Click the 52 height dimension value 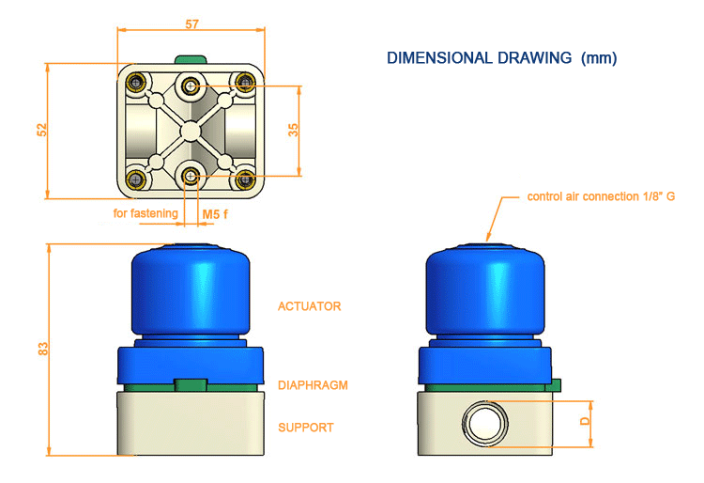[x=41, y=131]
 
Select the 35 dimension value [x=293, y=131]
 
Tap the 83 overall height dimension [x=42, y=349]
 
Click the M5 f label [x=216, y=214]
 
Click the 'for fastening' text [x=145, y=213]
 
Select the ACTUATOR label [x=309, y=306]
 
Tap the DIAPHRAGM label [x=314, y=384]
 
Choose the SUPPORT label [x=305, y=428]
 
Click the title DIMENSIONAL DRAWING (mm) [x=501, y=58]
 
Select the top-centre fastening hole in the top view [x=192, y=86]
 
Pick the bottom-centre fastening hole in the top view [x=192, y=175]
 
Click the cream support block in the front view [x=191, y=422]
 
